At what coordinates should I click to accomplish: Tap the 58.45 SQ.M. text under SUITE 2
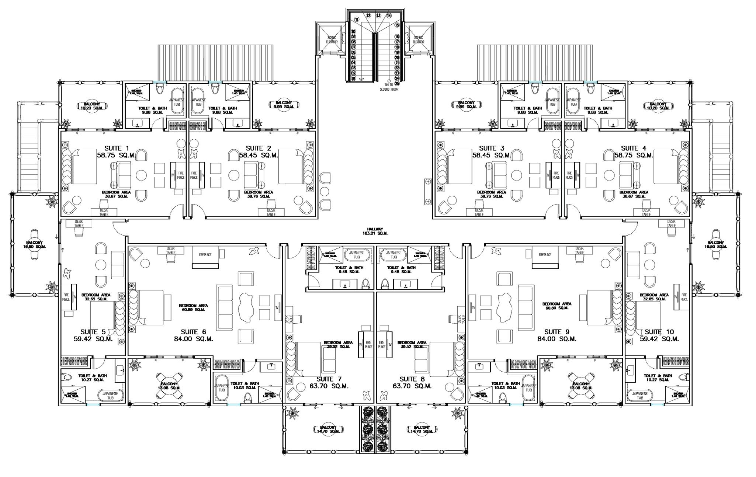259,156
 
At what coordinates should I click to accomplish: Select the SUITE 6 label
193,332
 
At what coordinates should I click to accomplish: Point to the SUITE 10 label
659,332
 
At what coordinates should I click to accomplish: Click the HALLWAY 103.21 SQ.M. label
375,231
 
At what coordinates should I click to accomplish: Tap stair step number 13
378,15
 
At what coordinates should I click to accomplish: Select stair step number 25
397,83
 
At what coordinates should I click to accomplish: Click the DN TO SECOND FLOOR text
389,87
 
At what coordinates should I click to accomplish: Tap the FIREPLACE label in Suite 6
205,255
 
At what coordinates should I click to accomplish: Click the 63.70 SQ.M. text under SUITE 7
329,386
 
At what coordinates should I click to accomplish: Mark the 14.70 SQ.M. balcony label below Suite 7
330,431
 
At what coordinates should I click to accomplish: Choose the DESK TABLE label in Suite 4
646,212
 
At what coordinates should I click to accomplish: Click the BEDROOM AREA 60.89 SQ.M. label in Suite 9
557,306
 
